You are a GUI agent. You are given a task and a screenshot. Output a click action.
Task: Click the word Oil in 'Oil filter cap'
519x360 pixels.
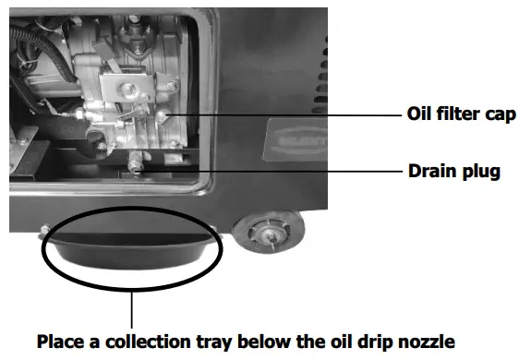tap(419, 115)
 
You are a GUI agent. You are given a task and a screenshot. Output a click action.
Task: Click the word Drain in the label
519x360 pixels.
tap(429, 171)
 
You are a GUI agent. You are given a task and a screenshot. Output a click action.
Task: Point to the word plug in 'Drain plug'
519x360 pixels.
tap(478, 172)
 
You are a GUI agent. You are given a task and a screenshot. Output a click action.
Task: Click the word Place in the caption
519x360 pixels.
tap(61, 341)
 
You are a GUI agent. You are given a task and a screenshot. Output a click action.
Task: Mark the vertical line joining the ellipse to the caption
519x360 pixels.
tap(133, 305)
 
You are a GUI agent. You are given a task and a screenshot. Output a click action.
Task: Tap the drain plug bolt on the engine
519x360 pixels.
tap(136, 165)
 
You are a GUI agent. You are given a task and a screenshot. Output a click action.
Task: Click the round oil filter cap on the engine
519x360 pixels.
tap(164, 114)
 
